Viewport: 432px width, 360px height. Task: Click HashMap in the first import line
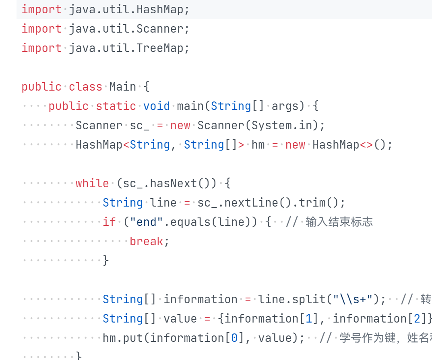(x=160, y=9)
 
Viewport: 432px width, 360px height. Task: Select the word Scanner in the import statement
(x=160, y=29)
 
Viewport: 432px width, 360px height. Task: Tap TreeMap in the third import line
(x=160, y=48)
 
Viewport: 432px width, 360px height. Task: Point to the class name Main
(x=123, y=87)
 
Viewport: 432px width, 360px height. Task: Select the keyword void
(x=157, y=106)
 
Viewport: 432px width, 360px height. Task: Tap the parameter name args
(x=285, y=106)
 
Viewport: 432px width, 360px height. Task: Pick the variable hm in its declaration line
(x=258, y=145)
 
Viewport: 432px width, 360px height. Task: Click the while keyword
(x=92, y=183)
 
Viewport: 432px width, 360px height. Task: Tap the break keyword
(x=147, y=241)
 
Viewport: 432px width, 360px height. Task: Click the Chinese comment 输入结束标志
(x=339, y=222)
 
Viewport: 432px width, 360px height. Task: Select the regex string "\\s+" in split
(x=353, y=299)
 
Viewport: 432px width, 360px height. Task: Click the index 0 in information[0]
(x=234, y=338)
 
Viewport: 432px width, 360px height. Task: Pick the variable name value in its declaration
(x=180, y=319)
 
